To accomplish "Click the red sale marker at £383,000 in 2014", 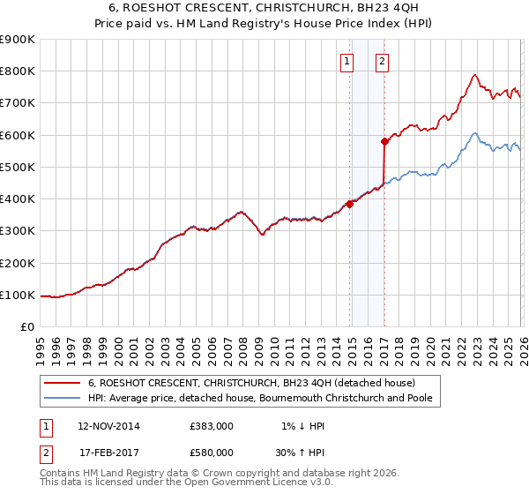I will [x=350, y=204].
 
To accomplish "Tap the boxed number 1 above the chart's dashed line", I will [x=346, y=62].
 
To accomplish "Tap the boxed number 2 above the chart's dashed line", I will [x=382, y=62].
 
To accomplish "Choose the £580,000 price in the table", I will [x=211, y=452].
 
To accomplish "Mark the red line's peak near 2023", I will [x=475, y=75].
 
